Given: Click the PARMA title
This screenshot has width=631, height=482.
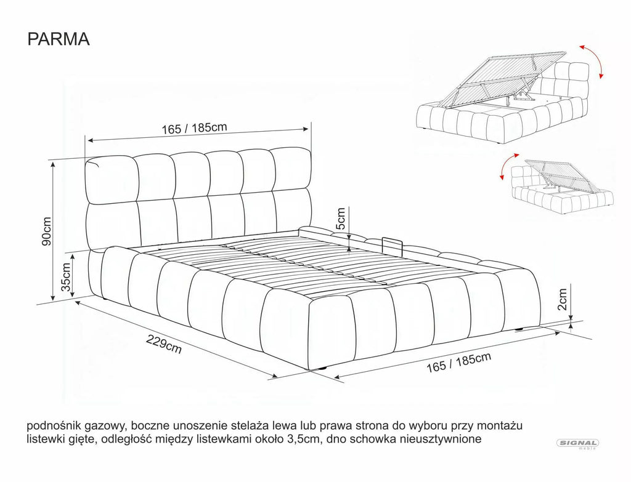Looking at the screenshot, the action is [x=59, y=39].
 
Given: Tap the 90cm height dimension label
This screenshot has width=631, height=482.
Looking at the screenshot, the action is [x=47, y=231].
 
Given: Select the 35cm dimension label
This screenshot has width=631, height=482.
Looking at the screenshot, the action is [x=65, y=277].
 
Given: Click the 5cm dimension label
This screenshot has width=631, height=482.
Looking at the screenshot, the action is [x=340, y=219].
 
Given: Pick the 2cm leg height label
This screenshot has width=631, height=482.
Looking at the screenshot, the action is [x=562, y=299].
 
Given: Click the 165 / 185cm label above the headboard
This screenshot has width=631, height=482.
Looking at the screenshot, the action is [x=194, y=128].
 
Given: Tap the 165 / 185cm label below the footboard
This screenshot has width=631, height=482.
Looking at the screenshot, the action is [x=459, y=363].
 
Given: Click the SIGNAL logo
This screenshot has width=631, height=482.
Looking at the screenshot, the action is [x=577, y=444].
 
